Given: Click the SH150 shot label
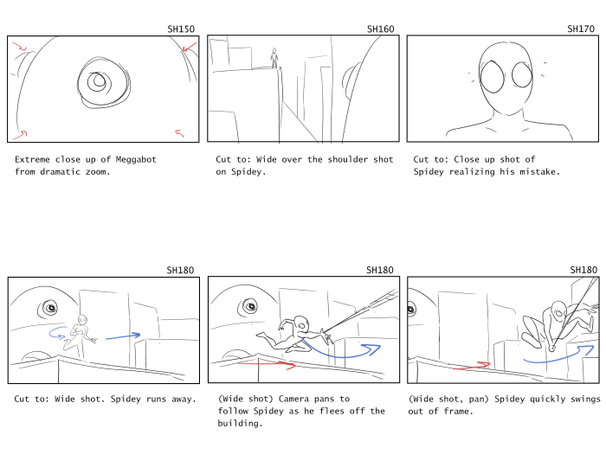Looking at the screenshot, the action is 181,29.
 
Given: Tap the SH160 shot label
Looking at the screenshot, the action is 381,29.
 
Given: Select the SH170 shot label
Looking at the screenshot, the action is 581,29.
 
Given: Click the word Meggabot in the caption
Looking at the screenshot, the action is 136,159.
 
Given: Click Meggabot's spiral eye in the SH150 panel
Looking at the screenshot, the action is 103,83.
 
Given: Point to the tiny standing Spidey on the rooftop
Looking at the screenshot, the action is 274,58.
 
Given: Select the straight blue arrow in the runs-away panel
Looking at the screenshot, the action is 123,336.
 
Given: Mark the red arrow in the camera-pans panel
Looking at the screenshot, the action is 267,363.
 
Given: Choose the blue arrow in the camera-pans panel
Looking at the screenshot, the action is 340,355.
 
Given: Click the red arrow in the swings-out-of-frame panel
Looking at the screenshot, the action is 472,366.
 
